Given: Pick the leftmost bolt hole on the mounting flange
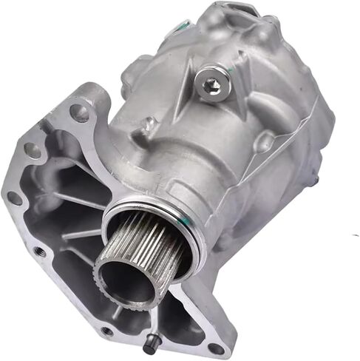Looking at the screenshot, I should pyautogui.click(x=13, y=198).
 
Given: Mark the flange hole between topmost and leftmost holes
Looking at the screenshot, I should pyautogui.click(x=33, y=150).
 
